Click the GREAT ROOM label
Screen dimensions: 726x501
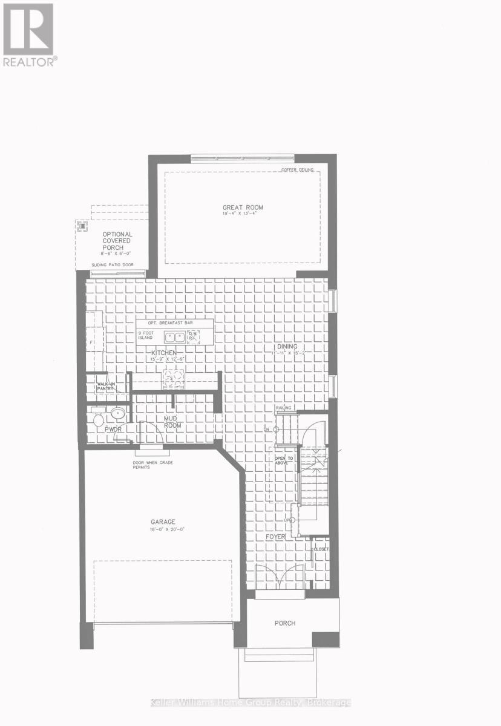(243, 208)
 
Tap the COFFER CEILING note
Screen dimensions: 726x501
(298, 170)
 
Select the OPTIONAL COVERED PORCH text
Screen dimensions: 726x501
(117, 241)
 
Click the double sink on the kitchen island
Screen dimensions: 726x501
(176, 336)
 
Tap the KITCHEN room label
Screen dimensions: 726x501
(163, 352)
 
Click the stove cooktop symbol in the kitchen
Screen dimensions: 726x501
(171, 378)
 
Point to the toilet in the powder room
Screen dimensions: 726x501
(98, 419)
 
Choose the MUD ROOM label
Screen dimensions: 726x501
(172, 422)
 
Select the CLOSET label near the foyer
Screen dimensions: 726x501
(321, 549)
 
